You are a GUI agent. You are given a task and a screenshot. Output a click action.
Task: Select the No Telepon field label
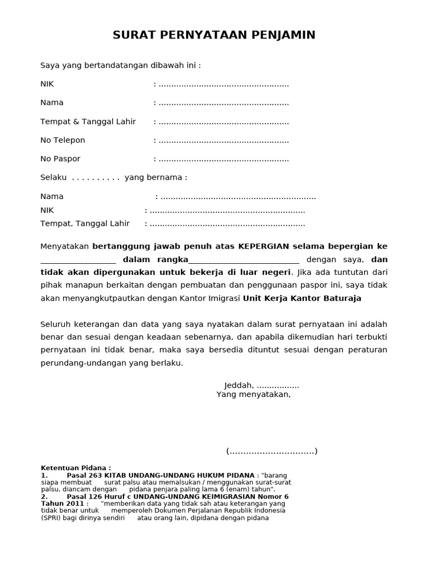tap(63, 140)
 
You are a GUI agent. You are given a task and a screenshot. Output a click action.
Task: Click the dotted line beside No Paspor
tap(223, 159)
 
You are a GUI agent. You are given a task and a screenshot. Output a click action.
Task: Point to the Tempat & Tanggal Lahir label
tap(88, 122)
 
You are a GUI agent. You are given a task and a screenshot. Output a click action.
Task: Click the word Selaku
tap(54, 177)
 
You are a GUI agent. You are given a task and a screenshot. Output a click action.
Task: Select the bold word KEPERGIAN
tap(264, 246)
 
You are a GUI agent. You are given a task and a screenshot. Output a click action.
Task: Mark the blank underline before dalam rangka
tap(78, 260)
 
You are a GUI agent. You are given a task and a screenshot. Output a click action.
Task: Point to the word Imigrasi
tap(224, 298)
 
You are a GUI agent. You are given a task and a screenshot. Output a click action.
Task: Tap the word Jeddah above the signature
tap(238, 385)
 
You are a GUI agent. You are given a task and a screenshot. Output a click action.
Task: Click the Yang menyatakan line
tap(253, 394)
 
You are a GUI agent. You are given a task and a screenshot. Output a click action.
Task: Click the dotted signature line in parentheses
tap(271, 451)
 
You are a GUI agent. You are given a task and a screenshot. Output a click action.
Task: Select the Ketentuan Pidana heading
tap(76, 467)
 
